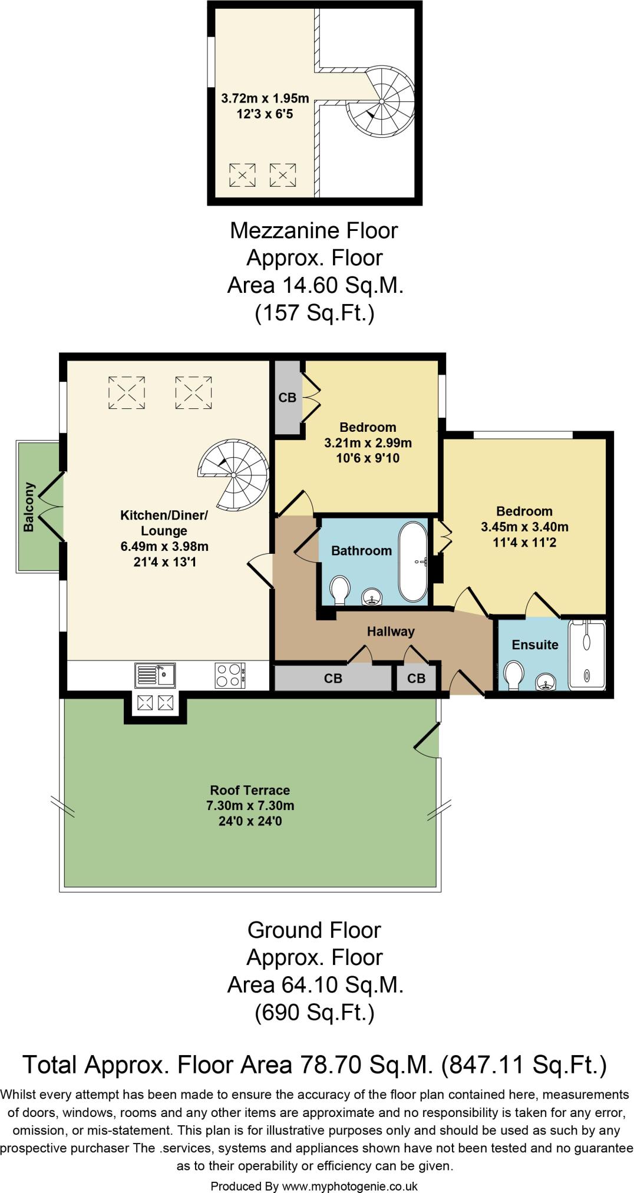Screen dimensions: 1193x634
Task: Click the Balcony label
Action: click(29, 507)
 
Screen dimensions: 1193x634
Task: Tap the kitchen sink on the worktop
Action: click(154, 675)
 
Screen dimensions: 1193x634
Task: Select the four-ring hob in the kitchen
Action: click(230, 675)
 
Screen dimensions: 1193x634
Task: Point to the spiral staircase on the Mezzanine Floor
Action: click(381, 101)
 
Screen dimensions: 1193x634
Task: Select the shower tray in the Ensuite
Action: click(587, 654)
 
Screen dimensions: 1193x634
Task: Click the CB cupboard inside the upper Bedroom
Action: click(288, 398)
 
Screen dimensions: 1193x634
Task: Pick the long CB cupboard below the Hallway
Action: click(333, 679)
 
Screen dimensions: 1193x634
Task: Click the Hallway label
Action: click(391, 632)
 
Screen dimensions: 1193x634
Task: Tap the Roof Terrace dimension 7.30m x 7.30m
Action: click(250, 805)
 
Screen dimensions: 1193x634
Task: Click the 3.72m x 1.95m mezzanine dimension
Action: click(265, 98)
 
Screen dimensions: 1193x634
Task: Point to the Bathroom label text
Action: click(361, 551)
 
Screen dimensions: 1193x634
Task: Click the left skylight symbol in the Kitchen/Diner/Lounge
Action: click(127, 392)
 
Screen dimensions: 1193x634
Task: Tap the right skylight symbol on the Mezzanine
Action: click(283, 175)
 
